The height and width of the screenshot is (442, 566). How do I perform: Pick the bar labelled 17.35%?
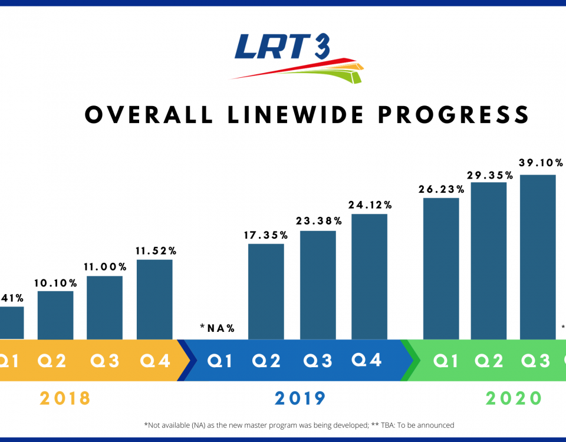266,291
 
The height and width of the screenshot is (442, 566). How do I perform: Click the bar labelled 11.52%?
154,299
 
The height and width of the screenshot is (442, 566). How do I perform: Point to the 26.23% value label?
442,190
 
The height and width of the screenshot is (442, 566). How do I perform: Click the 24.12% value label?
370,205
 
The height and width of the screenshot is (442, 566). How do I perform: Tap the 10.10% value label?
56,282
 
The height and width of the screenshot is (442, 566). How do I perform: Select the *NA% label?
218,328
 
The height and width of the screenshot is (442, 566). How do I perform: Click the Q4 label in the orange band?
155,360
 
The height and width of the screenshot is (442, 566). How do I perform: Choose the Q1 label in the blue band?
221,360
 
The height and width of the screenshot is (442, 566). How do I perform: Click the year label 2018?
65,398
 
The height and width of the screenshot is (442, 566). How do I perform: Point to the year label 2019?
300,398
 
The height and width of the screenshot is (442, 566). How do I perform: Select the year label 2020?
514,398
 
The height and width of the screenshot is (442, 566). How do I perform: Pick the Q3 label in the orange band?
105,360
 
